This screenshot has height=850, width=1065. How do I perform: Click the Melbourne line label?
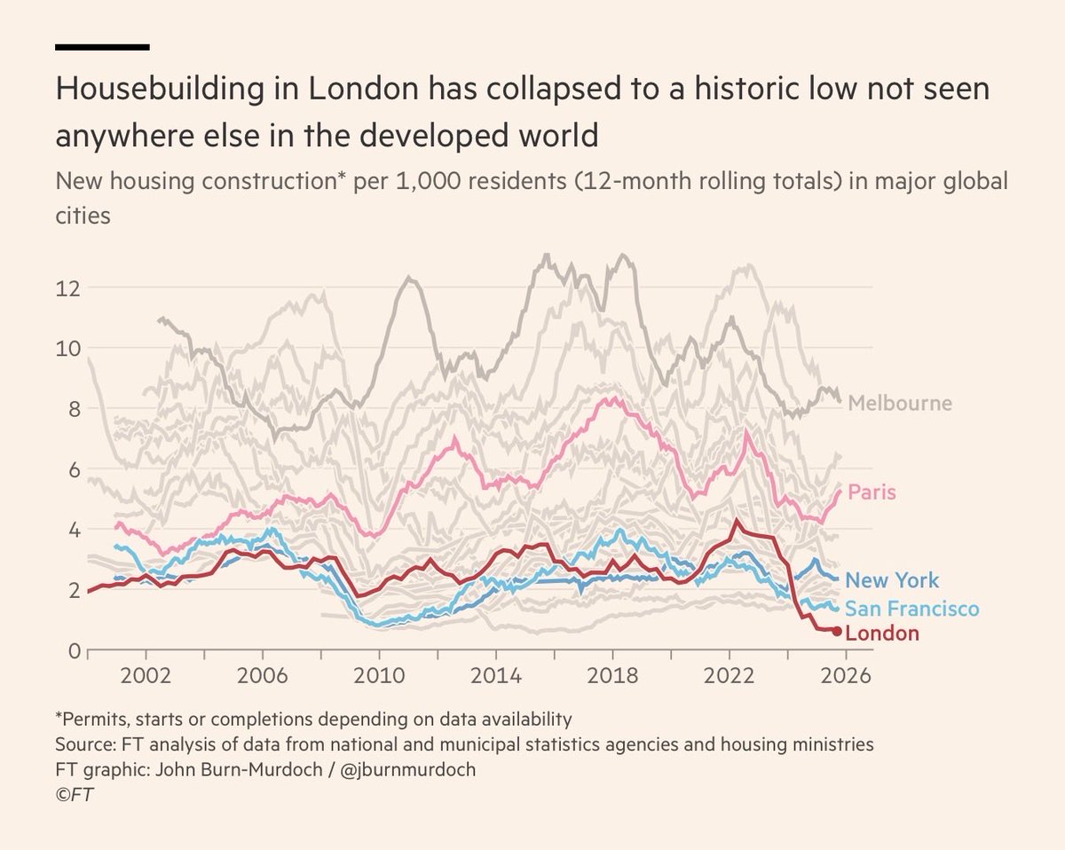[x=899, y=404]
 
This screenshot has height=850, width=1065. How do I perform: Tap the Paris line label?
[x=872, y=492]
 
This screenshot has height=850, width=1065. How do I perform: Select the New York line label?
[x=892, y=581]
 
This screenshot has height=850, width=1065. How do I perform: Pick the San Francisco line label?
[x=911, y=609]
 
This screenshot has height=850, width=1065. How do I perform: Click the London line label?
[x=882, y=634]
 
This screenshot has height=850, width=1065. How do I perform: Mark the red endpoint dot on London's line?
[x=837, y=631]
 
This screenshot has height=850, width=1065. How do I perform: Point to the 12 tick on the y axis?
[x=68, y=288]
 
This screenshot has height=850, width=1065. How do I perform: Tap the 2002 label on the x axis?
[x=146, y=675]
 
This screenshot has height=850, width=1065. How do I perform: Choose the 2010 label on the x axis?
[x=380, y=675]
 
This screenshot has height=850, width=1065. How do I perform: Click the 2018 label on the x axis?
[x=612, y=675]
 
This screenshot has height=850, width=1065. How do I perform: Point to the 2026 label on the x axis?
[x=846, y=675]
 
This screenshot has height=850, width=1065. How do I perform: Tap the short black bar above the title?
[x=102, y=46]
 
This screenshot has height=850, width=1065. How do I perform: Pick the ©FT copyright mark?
[x=75, y=794]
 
